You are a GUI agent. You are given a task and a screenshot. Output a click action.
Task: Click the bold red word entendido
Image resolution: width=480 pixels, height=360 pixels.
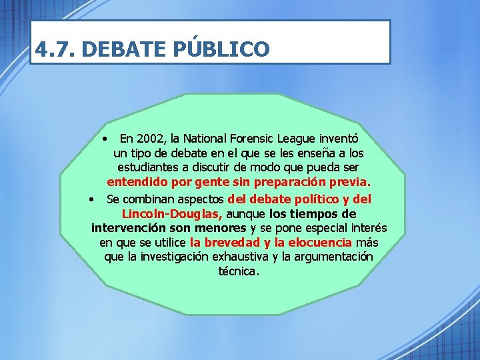(137, 182)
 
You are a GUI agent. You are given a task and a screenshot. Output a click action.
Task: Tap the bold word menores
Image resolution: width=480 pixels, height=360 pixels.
(218, 229)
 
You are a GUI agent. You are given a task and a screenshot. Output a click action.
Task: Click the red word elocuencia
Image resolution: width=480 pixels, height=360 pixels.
(319, 243)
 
